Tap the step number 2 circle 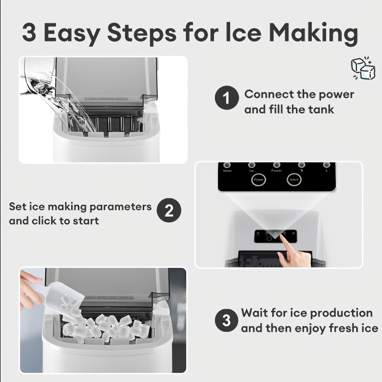click(169, 211)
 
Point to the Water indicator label click(227, 170)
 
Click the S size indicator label click(301, 170)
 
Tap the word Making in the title click(313, 33)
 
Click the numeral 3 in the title click(30, 33)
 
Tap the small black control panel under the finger click(275, 236)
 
